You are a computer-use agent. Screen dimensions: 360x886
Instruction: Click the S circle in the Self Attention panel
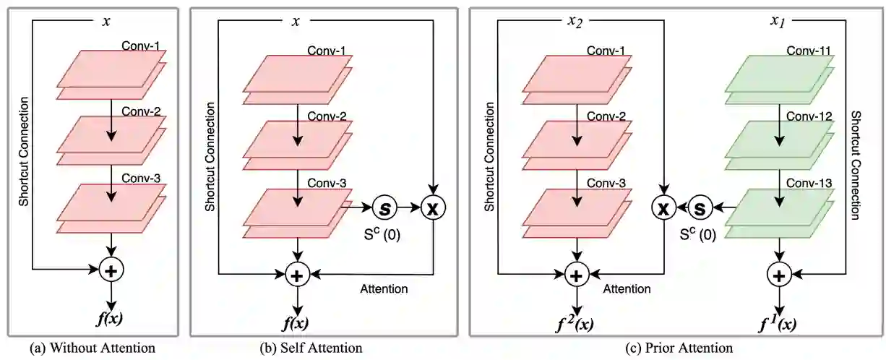point(384,208)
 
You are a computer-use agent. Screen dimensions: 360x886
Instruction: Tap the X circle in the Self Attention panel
point(432,208)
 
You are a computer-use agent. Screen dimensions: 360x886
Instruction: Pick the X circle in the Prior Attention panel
point(663,208)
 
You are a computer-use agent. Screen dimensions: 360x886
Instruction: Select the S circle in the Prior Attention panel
point(699,208)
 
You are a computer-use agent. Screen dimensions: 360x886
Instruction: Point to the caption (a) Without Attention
point(92,348)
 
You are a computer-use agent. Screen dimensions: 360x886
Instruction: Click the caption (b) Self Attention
point(311,348)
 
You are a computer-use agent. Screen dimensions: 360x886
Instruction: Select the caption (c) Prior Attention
point(679,348)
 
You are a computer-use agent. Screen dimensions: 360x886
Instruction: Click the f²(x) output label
point(576,323)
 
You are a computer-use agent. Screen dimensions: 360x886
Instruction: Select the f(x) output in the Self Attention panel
point(296,323)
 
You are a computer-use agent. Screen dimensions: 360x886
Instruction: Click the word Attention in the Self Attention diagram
point(384,289)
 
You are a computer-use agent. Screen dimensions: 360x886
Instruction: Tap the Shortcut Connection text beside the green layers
point(855,165)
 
